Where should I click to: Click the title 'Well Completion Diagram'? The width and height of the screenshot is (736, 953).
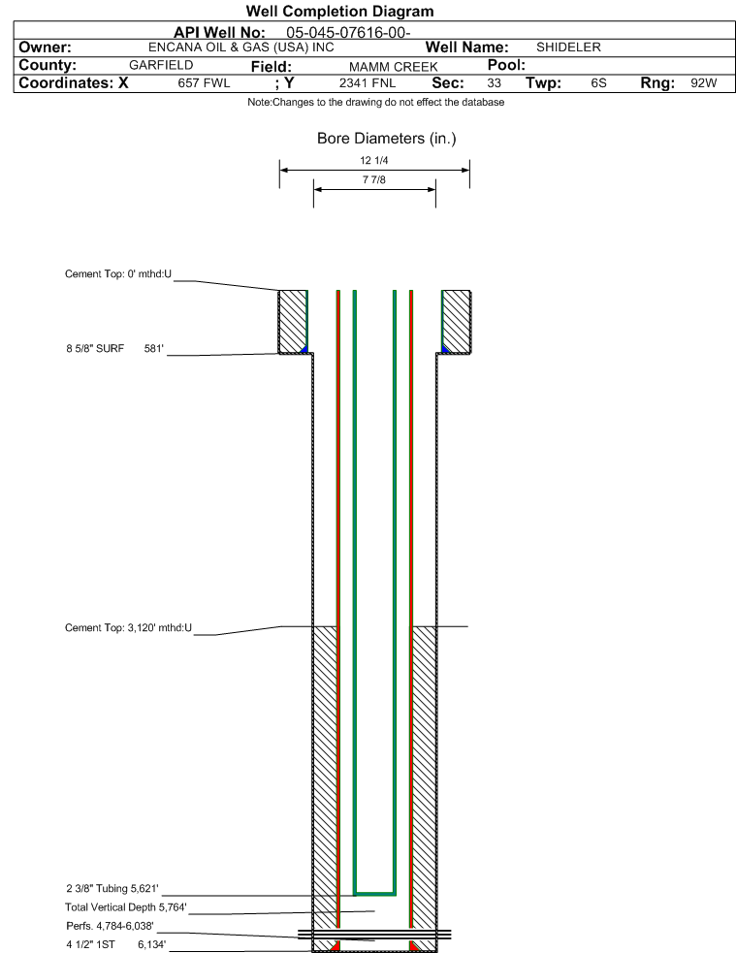339,11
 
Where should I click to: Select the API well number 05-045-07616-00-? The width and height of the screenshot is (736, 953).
348,32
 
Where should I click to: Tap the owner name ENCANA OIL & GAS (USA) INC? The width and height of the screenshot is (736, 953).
241,48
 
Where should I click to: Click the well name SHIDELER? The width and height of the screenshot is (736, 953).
568,48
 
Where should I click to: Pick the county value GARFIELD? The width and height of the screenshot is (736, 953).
161,65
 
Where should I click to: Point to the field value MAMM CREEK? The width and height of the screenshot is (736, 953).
394,66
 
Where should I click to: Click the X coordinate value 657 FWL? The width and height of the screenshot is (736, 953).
205,83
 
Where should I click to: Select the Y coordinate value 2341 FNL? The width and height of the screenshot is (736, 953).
368,83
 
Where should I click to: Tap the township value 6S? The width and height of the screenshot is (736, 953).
598,83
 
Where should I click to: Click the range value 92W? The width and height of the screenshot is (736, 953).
704,83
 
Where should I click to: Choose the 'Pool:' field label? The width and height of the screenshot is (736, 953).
506,65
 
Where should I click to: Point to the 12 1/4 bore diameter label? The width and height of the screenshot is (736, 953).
373,161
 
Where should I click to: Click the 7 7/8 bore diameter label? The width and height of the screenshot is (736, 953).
373,180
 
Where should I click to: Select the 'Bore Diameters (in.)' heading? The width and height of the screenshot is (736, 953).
387,139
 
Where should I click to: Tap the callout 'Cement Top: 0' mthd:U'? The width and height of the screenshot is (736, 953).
118,274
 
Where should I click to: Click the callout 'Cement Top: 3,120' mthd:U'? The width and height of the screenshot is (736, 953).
128,628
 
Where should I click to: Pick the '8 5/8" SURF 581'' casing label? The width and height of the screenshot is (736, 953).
114,349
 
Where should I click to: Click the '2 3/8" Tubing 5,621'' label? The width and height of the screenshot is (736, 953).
112,889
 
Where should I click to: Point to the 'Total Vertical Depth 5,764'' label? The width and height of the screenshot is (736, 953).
126,907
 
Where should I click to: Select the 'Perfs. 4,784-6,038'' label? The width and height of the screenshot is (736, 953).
110,926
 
